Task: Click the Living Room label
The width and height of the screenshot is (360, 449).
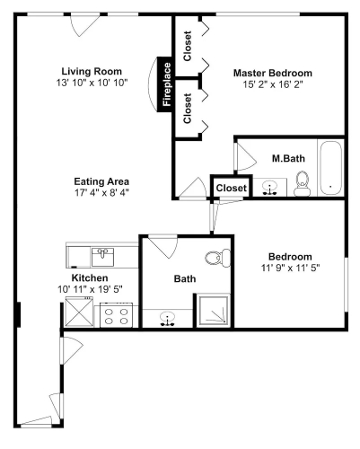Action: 92,72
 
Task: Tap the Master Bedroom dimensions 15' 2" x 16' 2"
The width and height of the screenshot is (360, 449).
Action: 273,84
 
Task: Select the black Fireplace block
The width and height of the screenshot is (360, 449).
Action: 165,84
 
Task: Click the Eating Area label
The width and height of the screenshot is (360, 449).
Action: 101,181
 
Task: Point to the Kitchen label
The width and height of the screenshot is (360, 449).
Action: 90,278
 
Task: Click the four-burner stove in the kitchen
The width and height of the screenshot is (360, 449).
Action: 117,315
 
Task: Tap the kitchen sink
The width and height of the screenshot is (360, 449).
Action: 102,257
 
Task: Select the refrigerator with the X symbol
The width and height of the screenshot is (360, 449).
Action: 79,312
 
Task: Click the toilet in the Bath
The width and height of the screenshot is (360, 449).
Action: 218,258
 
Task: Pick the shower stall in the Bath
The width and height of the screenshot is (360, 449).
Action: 213,311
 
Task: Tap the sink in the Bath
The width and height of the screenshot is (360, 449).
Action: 167,319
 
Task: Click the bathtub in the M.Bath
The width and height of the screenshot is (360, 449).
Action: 330,168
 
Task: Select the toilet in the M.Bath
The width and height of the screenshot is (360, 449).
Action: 303,183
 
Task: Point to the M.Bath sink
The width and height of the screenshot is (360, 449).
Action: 270,189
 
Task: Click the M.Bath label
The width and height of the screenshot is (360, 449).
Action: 288,158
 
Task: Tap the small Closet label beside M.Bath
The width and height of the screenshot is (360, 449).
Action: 232,188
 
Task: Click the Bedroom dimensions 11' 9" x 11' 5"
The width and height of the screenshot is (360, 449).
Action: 291,268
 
